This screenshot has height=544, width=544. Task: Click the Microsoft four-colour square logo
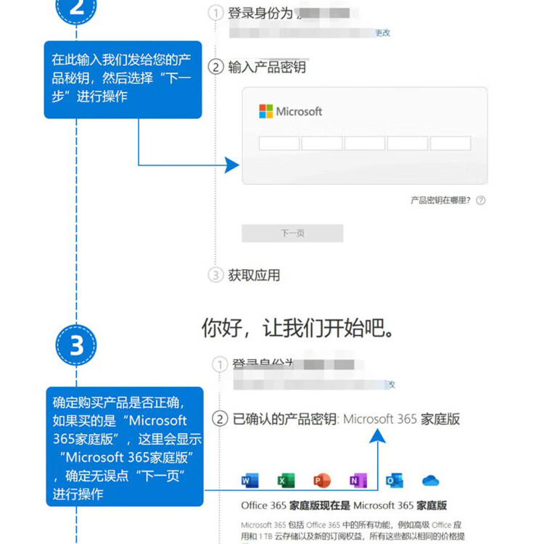266,111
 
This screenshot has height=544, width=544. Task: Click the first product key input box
279,143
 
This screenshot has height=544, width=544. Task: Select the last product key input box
450,143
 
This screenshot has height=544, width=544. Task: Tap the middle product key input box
365,143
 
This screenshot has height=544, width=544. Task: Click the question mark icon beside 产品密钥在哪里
480,200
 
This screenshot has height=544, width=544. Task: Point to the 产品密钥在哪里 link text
440,200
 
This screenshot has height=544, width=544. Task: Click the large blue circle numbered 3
76,345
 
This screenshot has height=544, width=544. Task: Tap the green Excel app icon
285,480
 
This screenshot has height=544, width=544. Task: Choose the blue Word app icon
250,480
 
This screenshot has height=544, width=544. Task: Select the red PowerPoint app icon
321,480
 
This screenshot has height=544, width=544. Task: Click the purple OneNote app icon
358,480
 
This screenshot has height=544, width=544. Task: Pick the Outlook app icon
394,480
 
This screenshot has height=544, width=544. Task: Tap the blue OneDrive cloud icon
431,480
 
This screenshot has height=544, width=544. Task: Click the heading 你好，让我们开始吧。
298,327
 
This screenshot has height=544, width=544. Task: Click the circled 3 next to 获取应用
215,275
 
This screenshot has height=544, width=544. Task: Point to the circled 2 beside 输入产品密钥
215,67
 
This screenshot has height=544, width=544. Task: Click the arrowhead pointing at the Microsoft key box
232,165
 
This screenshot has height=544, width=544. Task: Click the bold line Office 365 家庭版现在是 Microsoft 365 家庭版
343,506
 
